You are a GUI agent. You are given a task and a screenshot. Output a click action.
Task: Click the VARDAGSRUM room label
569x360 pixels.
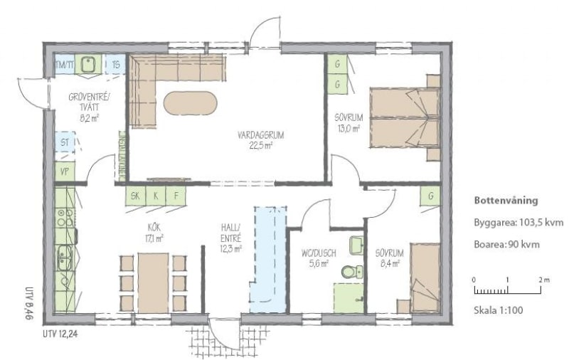(260, 135)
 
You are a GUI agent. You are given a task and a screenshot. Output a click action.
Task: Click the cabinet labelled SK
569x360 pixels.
(135, 196)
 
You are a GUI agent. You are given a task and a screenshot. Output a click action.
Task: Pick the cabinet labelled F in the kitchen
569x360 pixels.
(176, 196)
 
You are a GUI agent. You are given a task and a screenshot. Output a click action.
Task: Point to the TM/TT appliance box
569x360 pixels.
(64, 65)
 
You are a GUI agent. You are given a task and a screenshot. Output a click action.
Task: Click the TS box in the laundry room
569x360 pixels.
(115, 65)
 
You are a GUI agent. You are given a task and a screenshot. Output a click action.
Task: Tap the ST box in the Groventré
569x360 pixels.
(65, 142)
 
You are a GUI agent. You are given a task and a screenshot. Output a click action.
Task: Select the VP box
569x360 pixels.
(65, 171)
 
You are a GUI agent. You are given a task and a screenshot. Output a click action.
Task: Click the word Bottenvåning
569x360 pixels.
(506, 201)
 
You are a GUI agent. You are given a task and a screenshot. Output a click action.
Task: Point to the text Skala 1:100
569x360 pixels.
(499, 310)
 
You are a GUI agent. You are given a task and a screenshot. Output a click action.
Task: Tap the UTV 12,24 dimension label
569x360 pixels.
(60, 334)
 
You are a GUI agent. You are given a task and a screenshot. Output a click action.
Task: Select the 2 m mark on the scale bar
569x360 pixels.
(544, 280)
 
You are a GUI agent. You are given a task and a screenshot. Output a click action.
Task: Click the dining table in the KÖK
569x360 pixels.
(153, 283)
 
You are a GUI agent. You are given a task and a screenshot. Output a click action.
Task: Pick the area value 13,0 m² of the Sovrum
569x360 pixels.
(347, 128)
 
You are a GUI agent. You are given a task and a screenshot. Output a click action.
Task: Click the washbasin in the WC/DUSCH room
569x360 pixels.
(356, 245)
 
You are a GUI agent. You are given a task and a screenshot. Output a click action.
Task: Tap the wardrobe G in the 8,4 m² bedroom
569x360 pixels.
(431, 196)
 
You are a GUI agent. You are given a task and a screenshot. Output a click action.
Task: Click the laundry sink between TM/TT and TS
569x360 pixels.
(87, 65)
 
